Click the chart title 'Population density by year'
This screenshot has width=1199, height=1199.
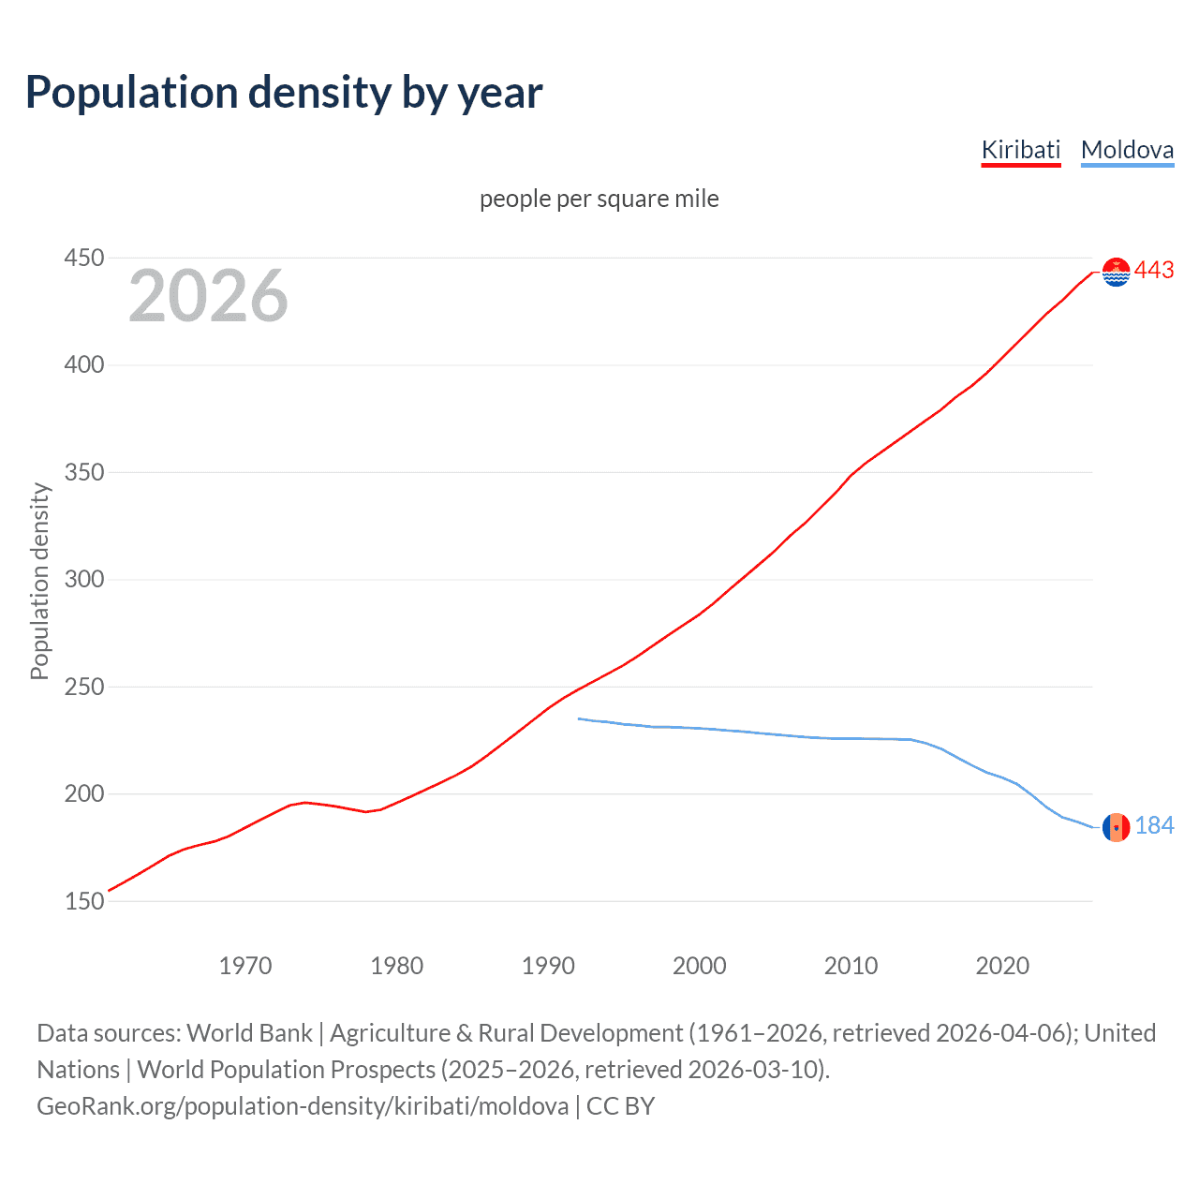tap(284, 93)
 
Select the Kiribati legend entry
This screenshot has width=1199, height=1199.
tap(1020, 150)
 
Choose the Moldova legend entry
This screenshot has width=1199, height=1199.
tap(1127, 150)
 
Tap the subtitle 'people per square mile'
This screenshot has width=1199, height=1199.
tap(599, 199)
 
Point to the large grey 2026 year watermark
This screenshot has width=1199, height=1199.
tap(208, 296)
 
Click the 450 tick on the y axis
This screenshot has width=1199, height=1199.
tap(83, 258)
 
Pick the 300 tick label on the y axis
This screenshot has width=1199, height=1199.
tap(83, 579)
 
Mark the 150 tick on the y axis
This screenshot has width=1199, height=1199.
tap(83, 901)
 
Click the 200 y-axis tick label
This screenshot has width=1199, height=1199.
tap(83, 793)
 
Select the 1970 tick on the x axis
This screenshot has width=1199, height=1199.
tap(245, 966)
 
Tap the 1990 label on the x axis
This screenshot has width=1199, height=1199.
tap(548, 966)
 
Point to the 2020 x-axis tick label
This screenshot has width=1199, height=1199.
tap(1002, 966)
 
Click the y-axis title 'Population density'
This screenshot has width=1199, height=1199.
tap(39, 581)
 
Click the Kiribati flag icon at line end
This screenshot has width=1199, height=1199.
tap(1116, 272)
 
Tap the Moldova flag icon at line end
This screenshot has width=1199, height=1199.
tap(1116, 827)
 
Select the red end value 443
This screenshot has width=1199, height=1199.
tap(1154, 271)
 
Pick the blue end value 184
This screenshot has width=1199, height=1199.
tap(1154, 825)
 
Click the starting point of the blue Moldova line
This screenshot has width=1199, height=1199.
tap(580, 718)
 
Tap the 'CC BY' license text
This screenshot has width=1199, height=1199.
tap(620, 1106)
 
